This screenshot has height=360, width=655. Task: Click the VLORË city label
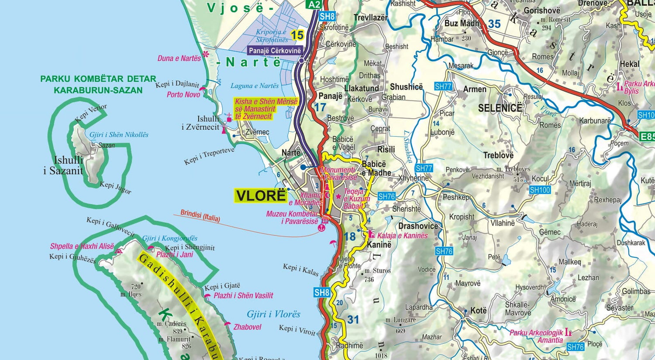[261, 195]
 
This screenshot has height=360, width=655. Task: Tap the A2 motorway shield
[314, 4]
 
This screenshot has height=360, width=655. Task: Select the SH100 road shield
[540, 190]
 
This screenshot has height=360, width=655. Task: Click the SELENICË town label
[500, 108]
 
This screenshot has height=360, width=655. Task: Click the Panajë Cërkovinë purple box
[275, 51]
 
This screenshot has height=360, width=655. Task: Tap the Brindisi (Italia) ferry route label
[200, 216]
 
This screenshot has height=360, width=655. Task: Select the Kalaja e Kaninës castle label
[403, 236]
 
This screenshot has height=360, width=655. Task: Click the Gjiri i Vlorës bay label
[273, 314]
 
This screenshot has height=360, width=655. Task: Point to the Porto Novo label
[183, 94]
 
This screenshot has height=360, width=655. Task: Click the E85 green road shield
[647, 137]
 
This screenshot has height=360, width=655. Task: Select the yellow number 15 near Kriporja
[297, 35]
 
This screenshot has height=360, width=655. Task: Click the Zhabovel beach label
[247, 327]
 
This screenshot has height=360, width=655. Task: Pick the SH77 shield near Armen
[443, 86]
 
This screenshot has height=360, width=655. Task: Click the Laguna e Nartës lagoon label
[255, 86]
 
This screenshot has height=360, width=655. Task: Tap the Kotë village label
[478, 311]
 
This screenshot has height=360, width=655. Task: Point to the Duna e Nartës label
[179, 58]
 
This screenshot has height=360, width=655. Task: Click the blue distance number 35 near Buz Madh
[494, 24]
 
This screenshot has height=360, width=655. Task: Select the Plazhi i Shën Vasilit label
[243, 295]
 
